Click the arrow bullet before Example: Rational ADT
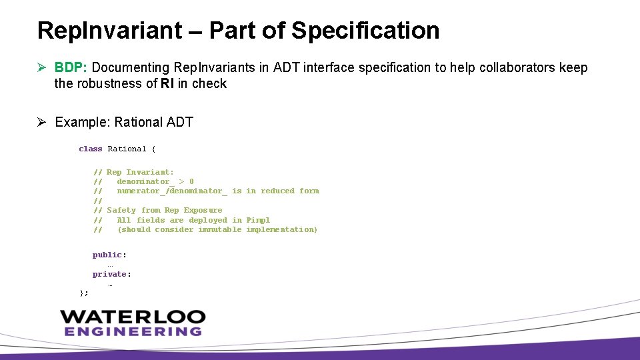[x=42, y=122]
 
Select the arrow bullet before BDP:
[x=42, y=67]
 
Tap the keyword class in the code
[x=91, y=149]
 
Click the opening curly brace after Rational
[x=153, y=149]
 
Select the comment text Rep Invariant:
[x=140, y=172]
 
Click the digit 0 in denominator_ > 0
[x=191, y=181]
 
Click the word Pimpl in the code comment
[x=258, y=220]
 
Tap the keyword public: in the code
[x=109, y=255]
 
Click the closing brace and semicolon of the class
[x=83, y=292]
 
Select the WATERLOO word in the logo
[x=133, y=317]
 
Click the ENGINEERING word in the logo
[x=133, y=331]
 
